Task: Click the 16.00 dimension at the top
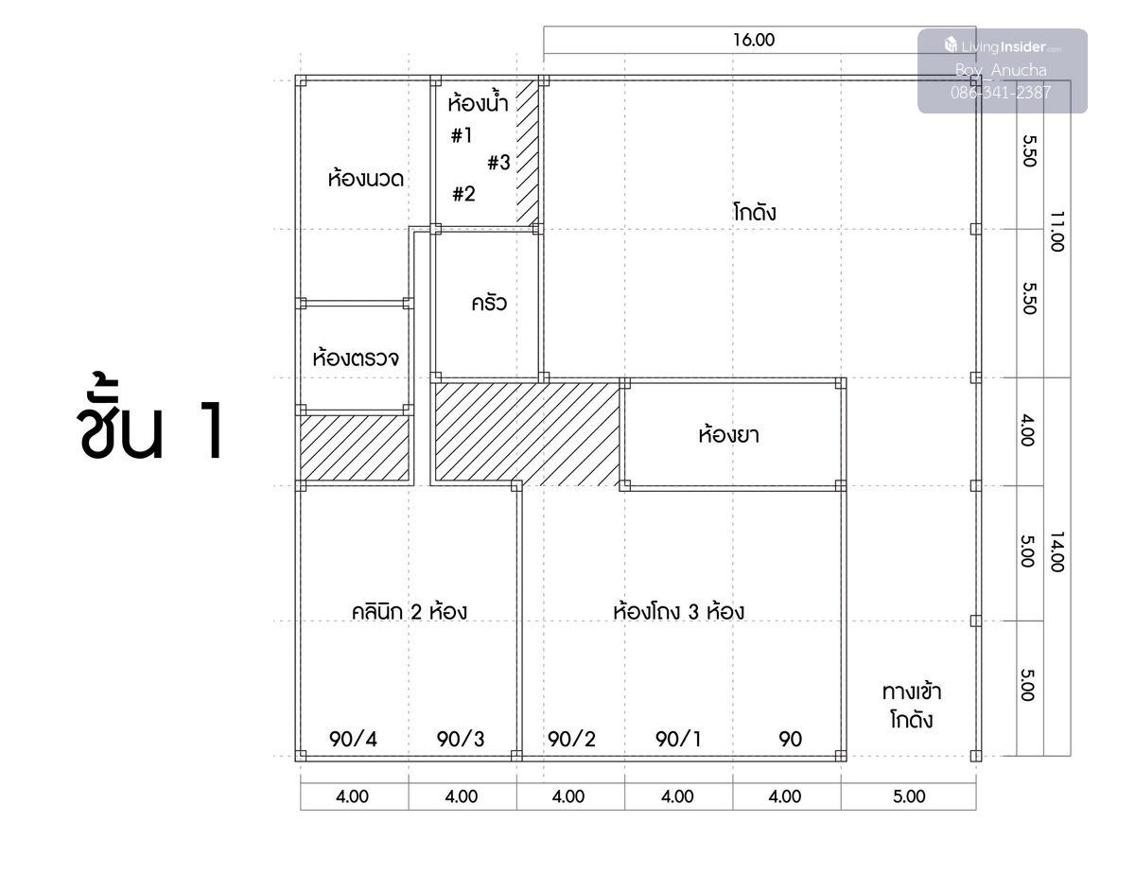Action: pyautogui.click(x=754, y=40)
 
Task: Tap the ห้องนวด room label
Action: pyautogui.click(x=366, y=178)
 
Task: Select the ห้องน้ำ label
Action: pyautogui.click(x=478, y=101)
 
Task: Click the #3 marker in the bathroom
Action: pyautogui.click(x=498, y=163)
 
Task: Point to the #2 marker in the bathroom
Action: pyautogui.click(x=463, y=194)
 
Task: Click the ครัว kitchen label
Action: pyautogui.click(x=489, y=303)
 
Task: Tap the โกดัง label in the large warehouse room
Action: pyautogui.click(x=754, y=212)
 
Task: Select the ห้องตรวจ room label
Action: pyautogui.click(x=356, y=358)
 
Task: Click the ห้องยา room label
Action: pyautogui.click(x=728, y=434)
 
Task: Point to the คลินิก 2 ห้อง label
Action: pyautogui.click(x=409, y=612)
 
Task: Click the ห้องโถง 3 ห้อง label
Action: pyautogui.click(x=678, y=611)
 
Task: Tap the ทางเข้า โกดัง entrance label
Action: pyautogui.click(x=912, y=706)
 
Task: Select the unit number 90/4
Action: pyautogui.click(x=353, y=739)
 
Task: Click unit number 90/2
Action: pyautogui.click(x=571, y=739)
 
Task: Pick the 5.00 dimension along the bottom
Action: pyautogui.click(x=909, y=796)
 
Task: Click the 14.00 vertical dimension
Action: pyautogui.click(x=1057, y=552)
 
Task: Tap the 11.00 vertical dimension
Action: pyautogui.click(x=1057, y=232)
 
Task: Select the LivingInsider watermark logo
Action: pyautogui.click(x=1003, y=46)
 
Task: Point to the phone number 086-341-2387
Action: pyautogui.click(x=1001, y=93)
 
